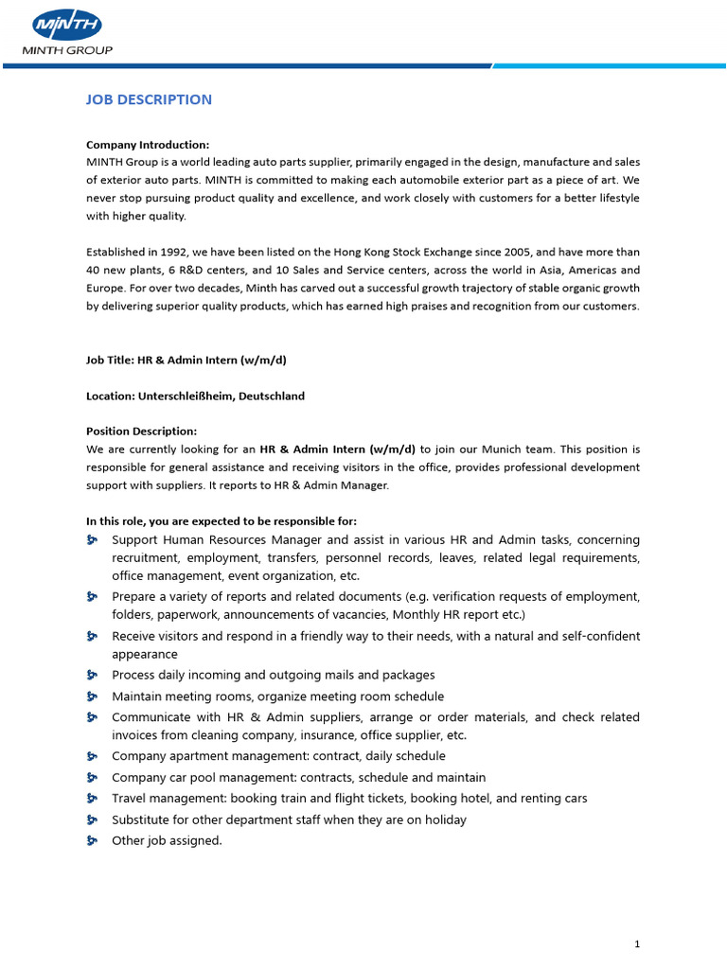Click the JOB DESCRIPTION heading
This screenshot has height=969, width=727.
click(149, 99)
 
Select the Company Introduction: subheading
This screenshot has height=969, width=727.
click(148, 145)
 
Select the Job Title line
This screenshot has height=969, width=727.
click(186, 360)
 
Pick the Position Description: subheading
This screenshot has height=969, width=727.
click(141, 431)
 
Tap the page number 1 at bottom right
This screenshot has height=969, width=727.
click(638, 943)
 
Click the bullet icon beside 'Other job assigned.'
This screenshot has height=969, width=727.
click(93, 840)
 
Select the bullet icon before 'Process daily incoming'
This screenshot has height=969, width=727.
click(93, 675)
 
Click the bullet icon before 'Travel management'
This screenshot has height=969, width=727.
click(93, 799)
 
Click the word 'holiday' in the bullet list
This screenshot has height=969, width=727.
click(445, 819)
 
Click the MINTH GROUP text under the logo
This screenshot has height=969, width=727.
click(68, 50)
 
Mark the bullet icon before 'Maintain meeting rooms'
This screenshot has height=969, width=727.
click(93, 696)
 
